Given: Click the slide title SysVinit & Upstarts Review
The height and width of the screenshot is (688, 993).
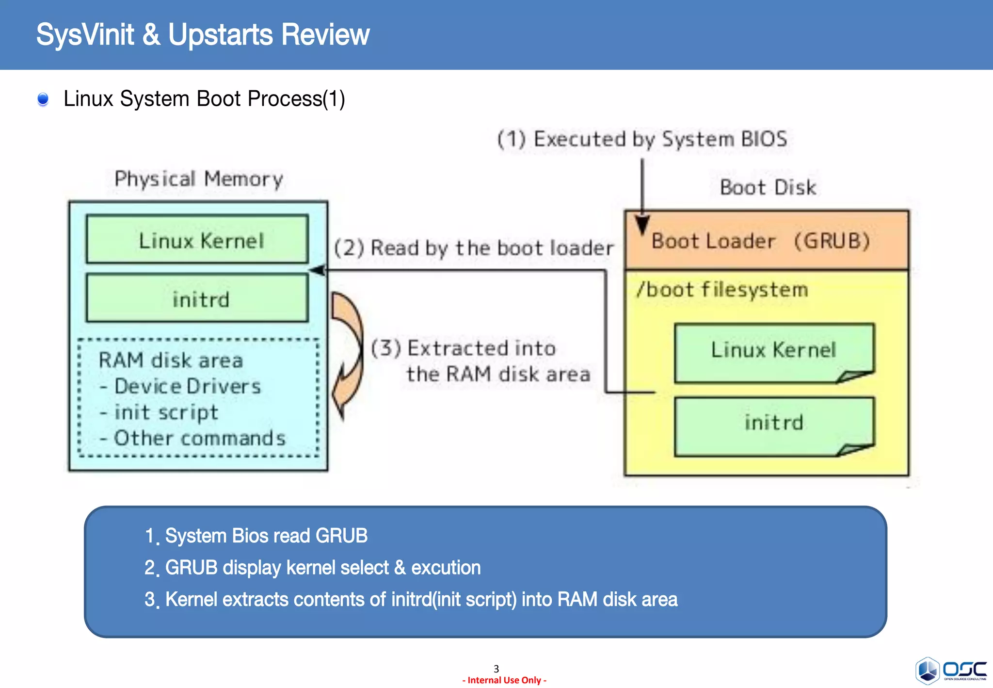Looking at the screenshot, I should [x=203, y=35].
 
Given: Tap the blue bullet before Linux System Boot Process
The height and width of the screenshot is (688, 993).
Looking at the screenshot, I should [x=43, y=99].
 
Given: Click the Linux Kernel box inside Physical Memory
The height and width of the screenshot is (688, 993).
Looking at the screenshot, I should [x=197, y=240].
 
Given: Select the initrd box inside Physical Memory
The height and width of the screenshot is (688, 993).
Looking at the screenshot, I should [x=197, y=298].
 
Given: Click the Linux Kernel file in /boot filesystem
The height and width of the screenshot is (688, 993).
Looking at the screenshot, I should [x=773, y=351].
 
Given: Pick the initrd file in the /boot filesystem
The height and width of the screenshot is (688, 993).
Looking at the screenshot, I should [x=773, y=425].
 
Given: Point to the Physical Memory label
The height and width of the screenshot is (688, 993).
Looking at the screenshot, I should [x=199, y=179].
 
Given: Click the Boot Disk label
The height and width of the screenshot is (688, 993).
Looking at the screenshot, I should [x=768, y=188].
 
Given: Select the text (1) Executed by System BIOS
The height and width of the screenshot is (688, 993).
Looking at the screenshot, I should [x=642, y=140].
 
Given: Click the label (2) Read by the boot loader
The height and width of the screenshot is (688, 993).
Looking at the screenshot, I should [x=473, y=248].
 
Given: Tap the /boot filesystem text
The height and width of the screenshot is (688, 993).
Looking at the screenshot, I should [x=722, y=290].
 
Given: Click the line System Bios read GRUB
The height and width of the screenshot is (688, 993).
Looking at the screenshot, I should [x=266, y=536].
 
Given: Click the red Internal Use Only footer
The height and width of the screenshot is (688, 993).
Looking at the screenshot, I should [x=504, y=680].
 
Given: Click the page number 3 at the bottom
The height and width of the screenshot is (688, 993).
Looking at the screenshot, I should [x=496, y=669].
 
